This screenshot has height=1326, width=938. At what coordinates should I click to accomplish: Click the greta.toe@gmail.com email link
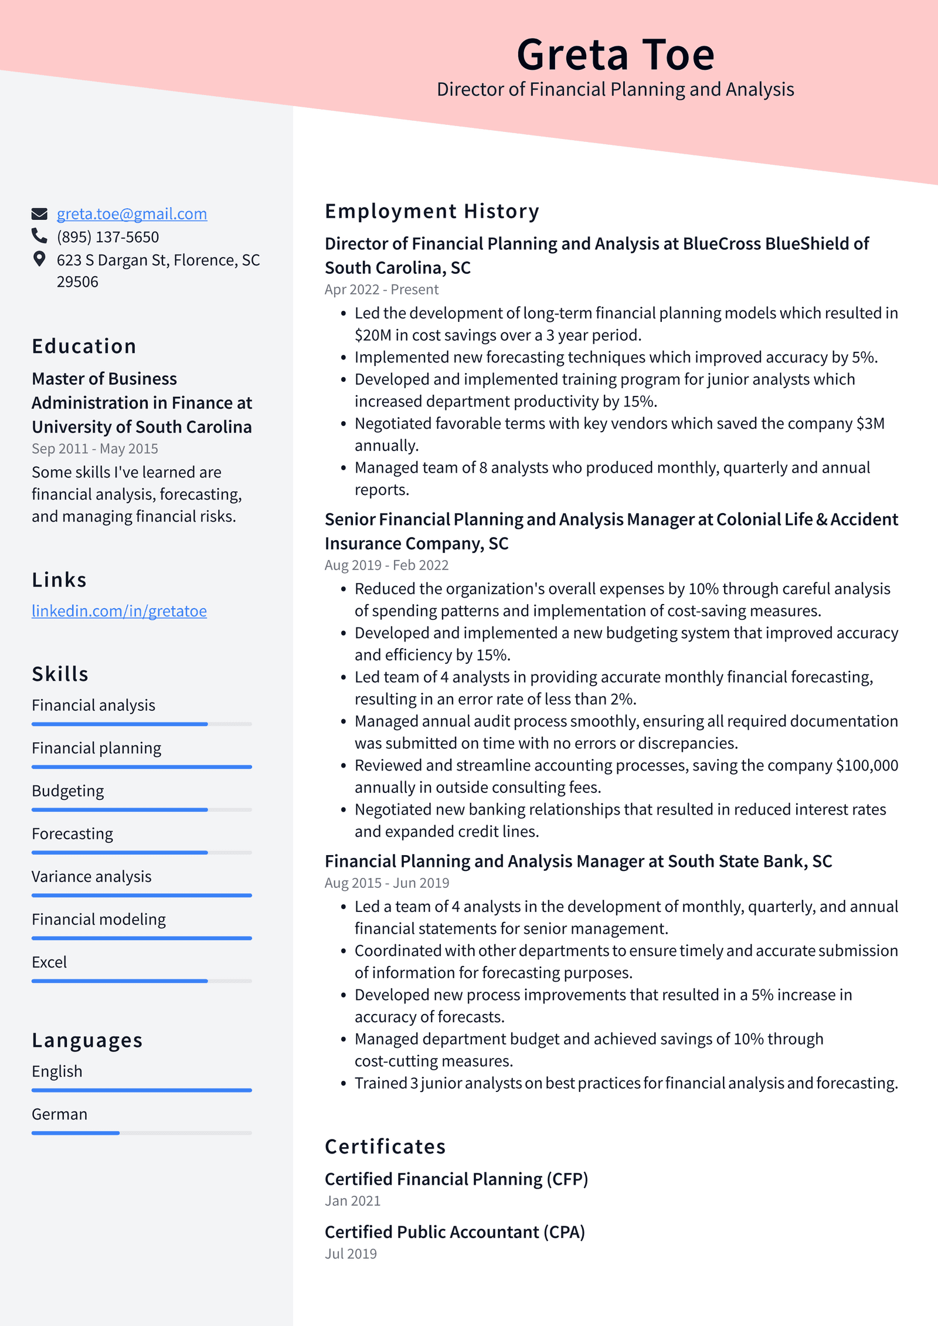(x=131, y=214)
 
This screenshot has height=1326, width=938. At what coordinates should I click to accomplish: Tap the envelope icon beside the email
(x=39, y=214)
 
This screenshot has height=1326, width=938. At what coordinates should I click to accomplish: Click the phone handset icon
(x=39, y=236)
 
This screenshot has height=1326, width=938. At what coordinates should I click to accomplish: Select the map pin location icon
(x=39, y=259)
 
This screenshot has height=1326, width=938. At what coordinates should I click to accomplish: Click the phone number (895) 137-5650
(x=108, y=237)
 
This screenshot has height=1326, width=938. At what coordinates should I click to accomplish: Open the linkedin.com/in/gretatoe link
(x=119, y=611)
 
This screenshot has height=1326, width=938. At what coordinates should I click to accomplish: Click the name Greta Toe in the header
(x=615, y=55)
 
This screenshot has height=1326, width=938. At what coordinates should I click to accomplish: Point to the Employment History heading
(x=431, y=211)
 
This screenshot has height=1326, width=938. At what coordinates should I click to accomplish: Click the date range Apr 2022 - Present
(x=381, y=290)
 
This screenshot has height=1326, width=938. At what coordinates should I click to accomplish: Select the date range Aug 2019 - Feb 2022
(x=386, y=565)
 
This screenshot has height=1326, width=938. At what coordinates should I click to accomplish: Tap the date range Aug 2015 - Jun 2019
(x=386, y=883)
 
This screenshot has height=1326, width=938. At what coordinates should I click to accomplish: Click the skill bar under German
(x=141, y=1133)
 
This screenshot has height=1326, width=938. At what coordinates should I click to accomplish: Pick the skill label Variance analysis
(x=91, y=877)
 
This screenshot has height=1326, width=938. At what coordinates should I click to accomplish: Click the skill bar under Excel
(x=141, y=981)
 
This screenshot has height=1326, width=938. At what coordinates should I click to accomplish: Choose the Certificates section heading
(x=385, y=1147)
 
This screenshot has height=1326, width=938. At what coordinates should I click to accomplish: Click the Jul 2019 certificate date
(x=351, y=1254)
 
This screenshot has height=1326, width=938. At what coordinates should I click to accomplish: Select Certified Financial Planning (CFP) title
(x=456, y=1179)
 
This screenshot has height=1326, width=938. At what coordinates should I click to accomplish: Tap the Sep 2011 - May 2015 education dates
(x=95, y=449)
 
